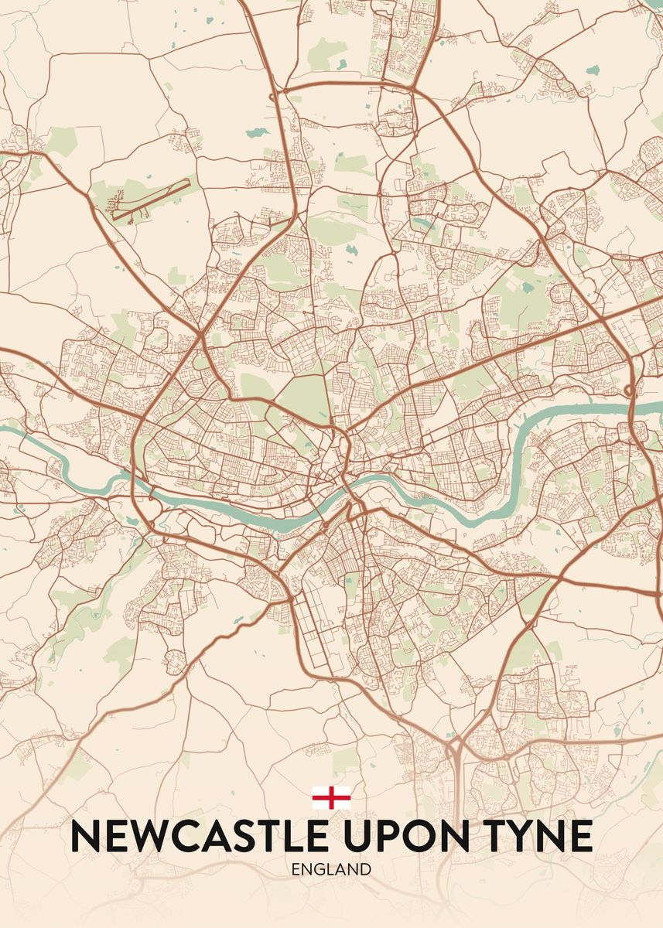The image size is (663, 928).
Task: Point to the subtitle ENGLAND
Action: [x=331, y=869]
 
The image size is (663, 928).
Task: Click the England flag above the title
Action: [x=331, y=797]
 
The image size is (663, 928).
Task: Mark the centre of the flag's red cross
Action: [x=331, y=797]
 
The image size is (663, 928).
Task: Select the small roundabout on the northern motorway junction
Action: [x=272, y=96]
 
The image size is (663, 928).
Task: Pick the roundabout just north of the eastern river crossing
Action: [x=630, y=389]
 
